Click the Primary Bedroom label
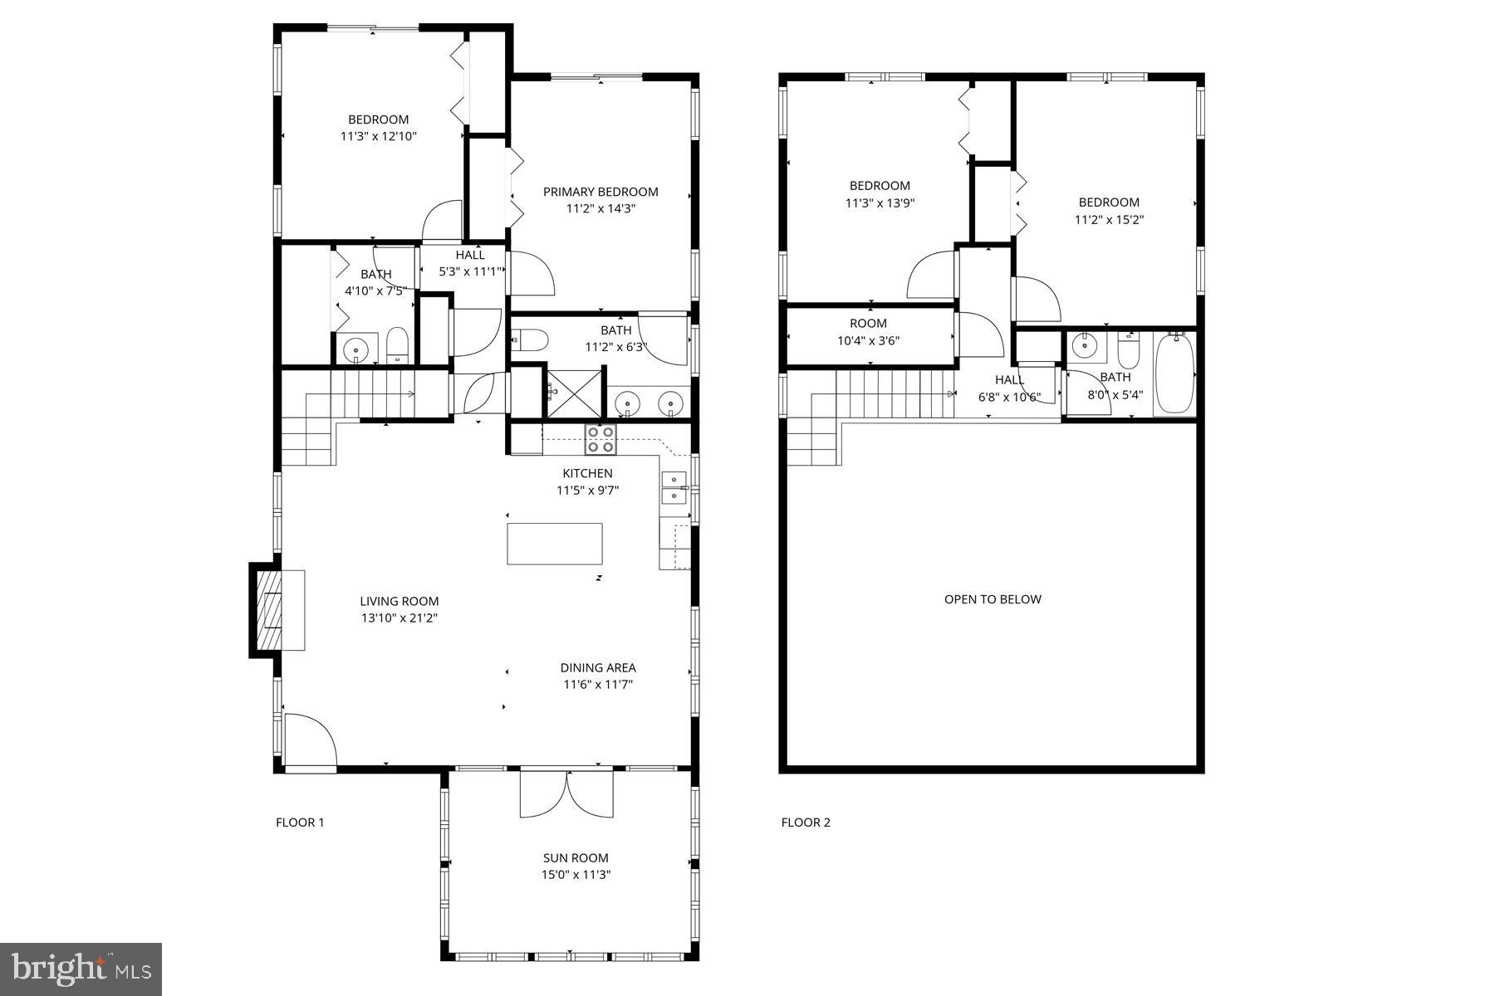tap(600, 192)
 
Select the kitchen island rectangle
tap(555, 544)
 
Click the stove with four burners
tap(600, 439)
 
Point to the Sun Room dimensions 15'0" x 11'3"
tap(576, 874)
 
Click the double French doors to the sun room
tap(567, 794)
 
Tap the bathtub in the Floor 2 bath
tap(1174, 373)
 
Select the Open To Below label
tap(992, 599)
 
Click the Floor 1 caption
tap(300, 823)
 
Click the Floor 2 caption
tap(805, 823)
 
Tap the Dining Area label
tap(598, 667)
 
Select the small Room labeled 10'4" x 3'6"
tap(869, 332)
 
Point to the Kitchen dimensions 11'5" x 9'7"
tap(587, 490)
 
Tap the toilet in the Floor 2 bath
tap(1128, 351)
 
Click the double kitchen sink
tap(674, 487)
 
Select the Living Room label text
tap(399, 601)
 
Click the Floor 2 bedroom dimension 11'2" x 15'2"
tap(1109, 220)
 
